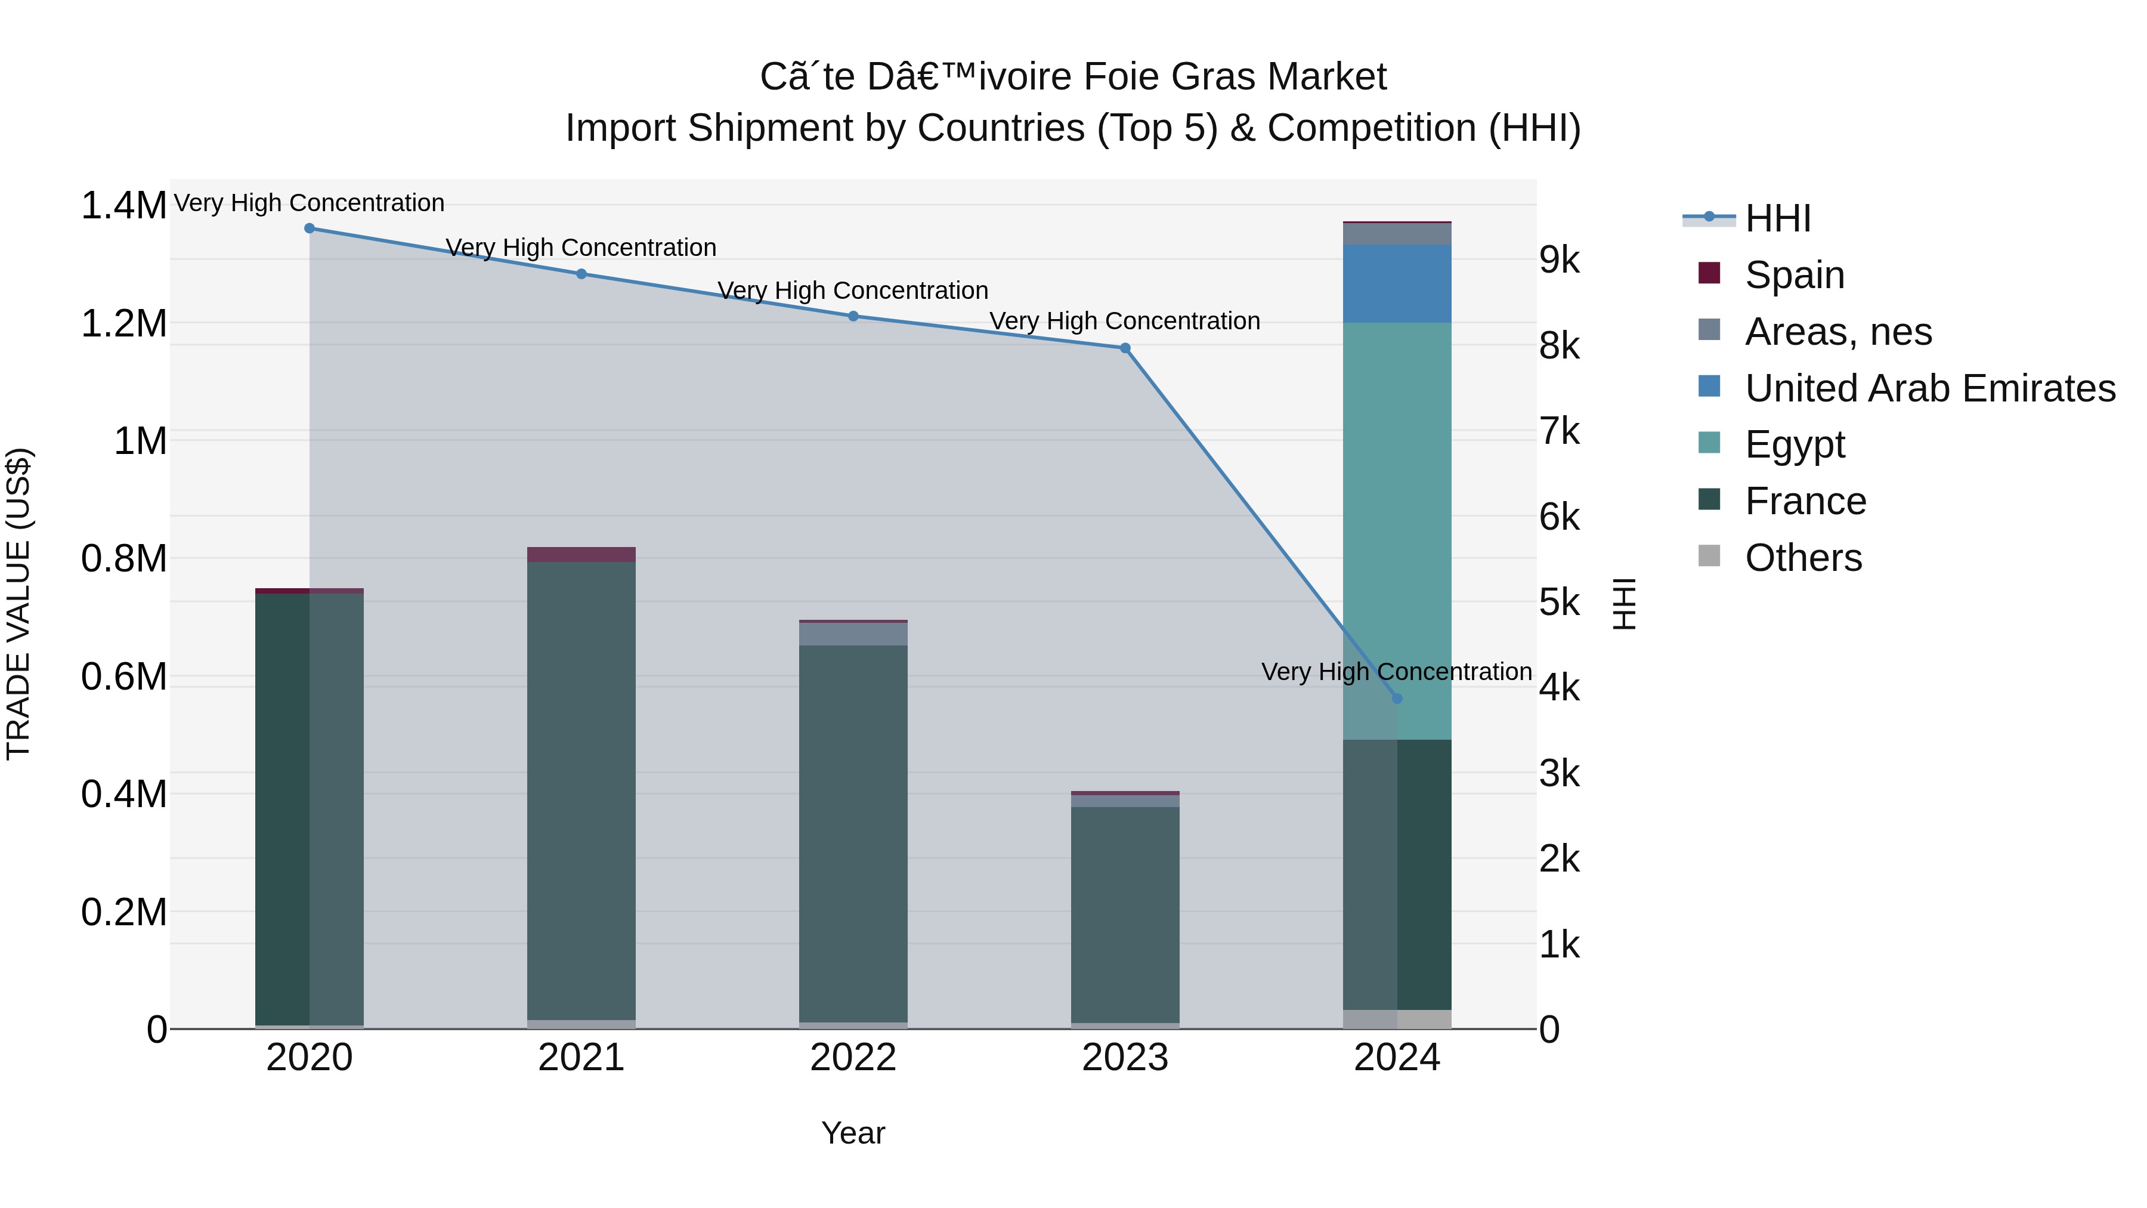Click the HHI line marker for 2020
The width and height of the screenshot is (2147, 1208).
309,228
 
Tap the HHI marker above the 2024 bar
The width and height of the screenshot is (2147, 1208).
1397,699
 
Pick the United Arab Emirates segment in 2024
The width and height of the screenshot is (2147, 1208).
1397,283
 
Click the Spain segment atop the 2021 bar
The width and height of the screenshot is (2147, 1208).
581,554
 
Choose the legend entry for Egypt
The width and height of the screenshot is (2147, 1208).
1795,444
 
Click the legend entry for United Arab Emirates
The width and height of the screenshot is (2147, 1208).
1929,388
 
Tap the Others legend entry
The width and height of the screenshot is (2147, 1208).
1803,558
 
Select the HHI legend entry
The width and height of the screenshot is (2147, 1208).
1777,218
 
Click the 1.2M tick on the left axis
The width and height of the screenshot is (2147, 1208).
123,323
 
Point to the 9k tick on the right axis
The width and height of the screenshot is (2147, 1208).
1558,260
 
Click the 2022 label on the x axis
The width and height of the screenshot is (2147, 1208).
853,1058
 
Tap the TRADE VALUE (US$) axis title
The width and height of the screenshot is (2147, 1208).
18,604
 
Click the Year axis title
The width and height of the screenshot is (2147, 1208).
853,1133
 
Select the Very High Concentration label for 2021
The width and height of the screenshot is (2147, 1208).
581,248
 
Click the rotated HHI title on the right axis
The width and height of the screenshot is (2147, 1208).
1625,604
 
